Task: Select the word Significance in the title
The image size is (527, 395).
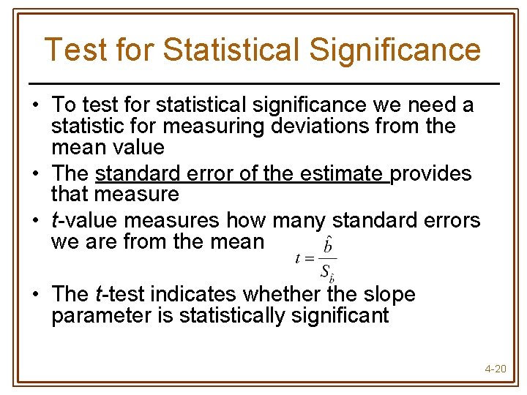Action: [395, 50]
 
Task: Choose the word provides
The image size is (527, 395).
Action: [431, 173]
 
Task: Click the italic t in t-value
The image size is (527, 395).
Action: [54, 219]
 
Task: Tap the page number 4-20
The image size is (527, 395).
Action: [496, 368]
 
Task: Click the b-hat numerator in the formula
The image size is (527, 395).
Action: [328, 246]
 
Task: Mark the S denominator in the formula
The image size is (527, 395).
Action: [326, 271]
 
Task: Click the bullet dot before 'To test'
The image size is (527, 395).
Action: [35, 106]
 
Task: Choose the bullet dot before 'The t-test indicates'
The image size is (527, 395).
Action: [35, 295]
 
